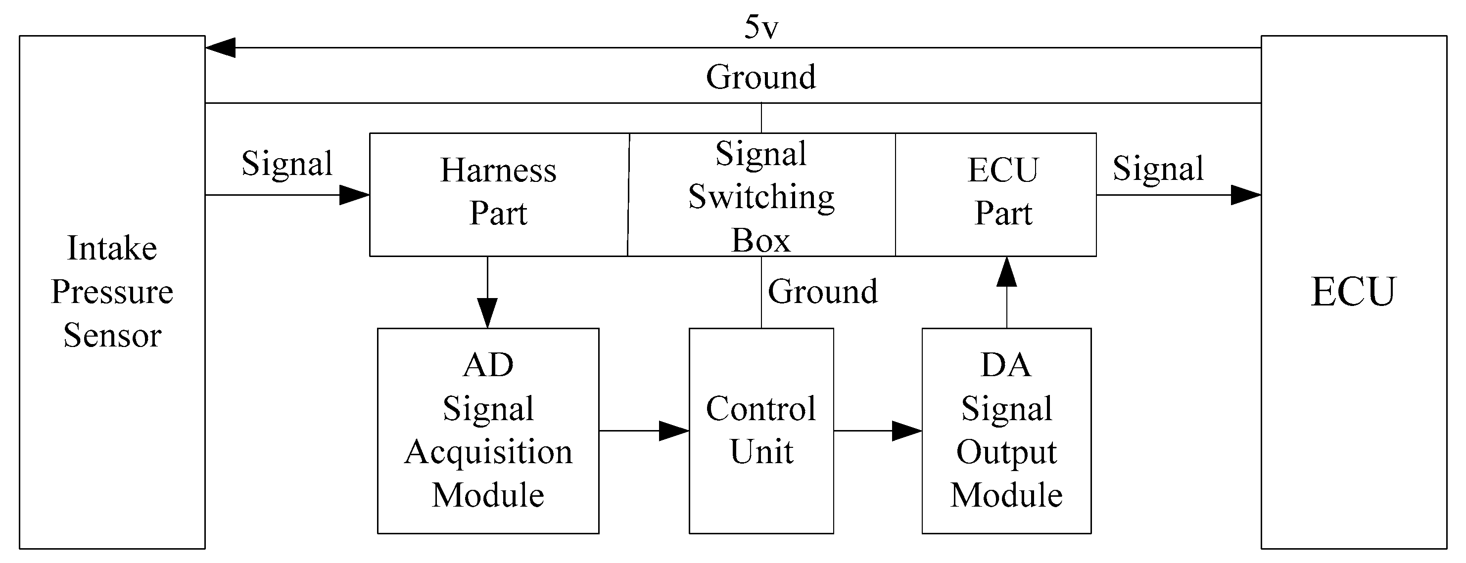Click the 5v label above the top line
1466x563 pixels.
[761, 27]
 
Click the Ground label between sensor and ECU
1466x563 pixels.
[761, 77]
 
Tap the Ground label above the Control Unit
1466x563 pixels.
[822, 292]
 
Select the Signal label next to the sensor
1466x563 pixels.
[287, 164]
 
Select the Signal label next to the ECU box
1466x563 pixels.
[1158, 169]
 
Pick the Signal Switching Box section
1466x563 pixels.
[761, 196]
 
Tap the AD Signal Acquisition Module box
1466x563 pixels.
[488, 431]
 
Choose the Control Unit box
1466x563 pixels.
[761, 431]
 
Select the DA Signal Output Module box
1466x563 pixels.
[1006, 431]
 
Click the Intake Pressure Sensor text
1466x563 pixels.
[112, 292]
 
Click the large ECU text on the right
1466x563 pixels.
[1353, 292]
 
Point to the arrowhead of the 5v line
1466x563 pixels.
[220, 48]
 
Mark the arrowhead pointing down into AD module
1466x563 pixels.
[488, 313]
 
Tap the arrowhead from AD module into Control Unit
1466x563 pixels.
[674, 431]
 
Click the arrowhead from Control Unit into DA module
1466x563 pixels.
[907, 431]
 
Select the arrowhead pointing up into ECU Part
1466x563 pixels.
[1007, 272]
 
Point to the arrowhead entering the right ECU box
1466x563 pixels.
[1246, 195]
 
